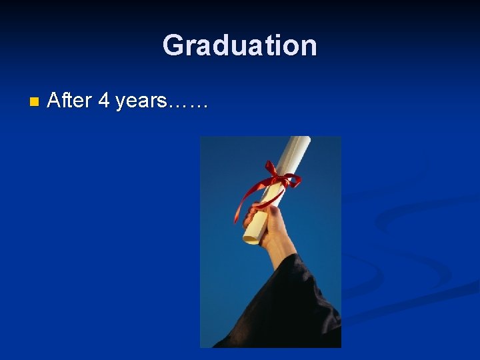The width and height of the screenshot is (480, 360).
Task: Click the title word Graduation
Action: [240, 45]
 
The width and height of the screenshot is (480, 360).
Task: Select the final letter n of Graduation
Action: [307, 47]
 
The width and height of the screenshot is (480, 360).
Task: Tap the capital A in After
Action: [55, 101]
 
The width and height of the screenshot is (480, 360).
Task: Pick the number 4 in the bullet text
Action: [103, 101]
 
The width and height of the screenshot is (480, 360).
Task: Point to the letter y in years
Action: [121, 103]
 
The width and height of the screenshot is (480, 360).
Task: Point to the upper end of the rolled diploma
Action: [301, 141]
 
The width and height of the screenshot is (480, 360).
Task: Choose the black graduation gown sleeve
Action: [300, 307]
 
